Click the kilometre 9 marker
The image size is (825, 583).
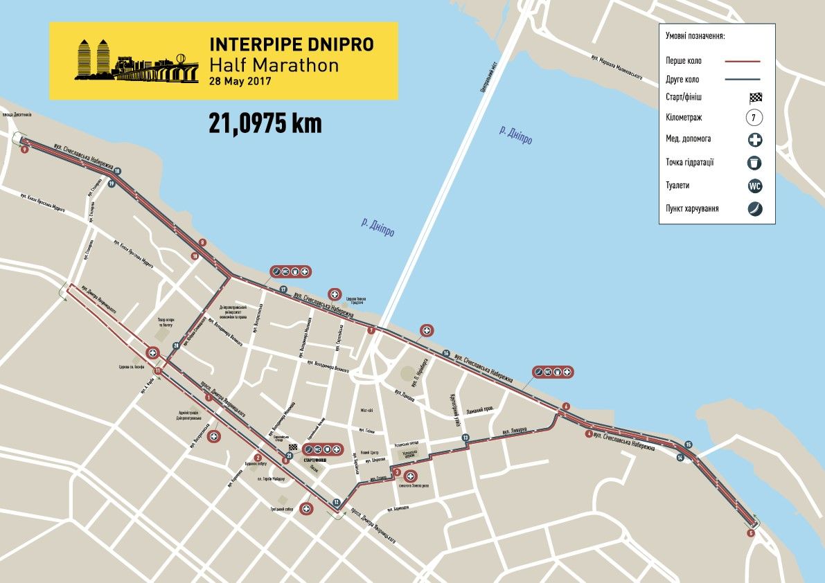[x=203, y=242]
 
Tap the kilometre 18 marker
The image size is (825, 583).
[x=117, y=171]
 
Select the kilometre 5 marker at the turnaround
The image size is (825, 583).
[x=751, y=533]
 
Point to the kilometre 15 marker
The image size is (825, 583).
[x=688, y=445]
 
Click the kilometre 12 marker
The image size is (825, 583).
[x=336, y=503]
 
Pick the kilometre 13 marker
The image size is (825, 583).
[x=465, y=438]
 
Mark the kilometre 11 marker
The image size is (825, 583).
[x=159, y=371]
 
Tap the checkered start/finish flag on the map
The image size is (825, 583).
[x=292, y=448]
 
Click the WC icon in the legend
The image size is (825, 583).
[x=754, y=186]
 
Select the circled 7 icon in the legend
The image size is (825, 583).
[x=754, y=118]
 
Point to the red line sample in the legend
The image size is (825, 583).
[x=743, y=62]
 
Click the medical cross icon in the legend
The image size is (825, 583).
[x=754, y=140]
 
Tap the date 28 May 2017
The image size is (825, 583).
[x=239, y=81]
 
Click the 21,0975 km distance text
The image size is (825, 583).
[x=265, y=123]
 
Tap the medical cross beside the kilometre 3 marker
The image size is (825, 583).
[x=411, y=476]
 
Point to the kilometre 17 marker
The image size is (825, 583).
[x=283, y=289]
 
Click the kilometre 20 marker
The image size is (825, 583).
[x=176, y=346]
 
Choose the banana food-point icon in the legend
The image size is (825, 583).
[x=754, y=208]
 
